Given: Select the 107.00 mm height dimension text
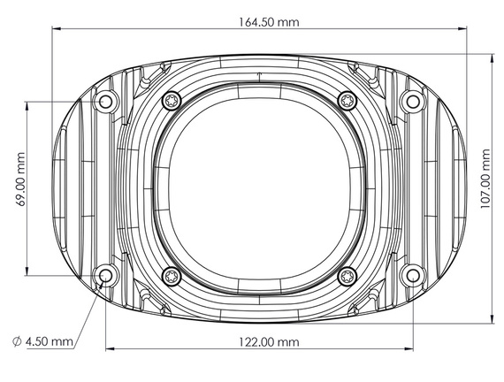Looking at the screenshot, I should click(485, 188).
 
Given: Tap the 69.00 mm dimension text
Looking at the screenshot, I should click(19, 188).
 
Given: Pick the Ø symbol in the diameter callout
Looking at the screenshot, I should click(18, 341).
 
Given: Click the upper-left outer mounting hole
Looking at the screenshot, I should click(106, 102).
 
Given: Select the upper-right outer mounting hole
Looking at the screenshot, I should click(409, 102).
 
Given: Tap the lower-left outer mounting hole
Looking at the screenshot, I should click(106, 276).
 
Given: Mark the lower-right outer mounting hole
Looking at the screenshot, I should click(409, 276).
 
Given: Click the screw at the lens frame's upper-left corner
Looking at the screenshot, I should click(171, 101).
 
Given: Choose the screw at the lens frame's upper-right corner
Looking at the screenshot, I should click(347, 101).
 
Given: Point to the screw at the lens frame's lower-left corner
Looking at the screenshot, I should click(171, 276).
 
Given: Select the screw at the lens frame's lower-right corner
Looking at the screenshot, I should click(347, 276).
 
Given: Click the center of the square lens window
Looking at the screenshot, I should click(258, 188).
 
